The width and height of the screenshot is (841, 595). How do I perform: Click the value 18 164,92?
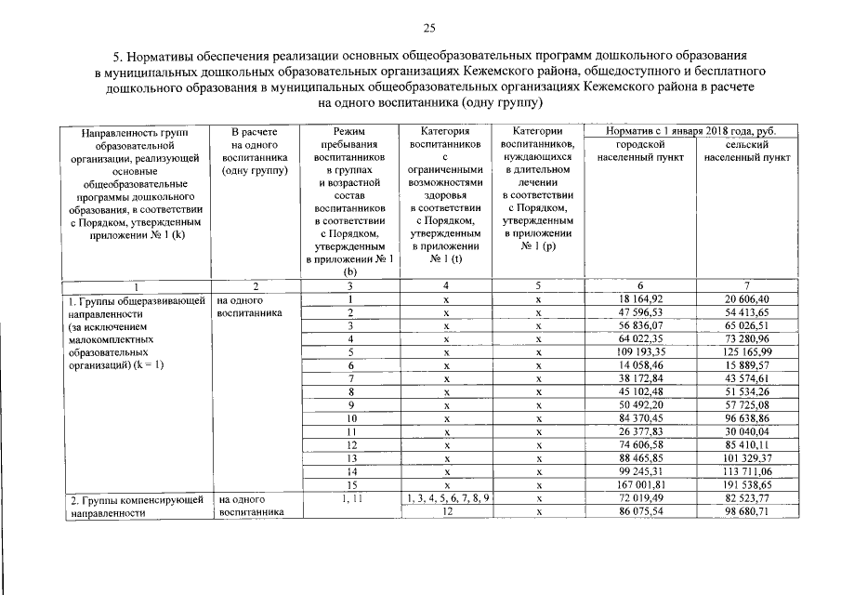pos(641,299)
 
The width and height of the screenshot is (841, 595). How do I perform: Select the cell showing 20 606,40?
pos(747,299)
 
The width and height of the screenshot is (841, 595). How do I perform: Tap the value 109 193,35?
pos(641,353)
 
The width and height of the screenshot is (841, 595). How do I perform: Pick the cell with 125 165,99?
pos(747,353)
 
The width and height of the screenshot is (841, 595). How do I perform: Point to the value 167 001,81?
pos(641,485)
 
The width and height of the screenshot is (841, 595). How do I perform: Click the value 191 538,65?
pos(747,485)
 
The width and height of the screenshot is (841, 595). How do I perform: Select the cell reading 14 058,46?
pos(641,366)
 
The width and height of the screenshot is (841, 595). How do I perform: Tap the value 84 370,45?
pos(641,419)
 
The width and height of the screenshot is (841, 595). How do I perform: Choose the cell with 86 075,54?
pos(641,512)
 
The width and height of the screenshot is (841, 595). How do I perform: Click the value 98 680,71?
pos(747,512)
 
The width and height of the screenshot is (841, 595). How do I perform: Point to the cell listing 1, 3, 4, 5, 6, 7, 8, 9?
pos(448,499)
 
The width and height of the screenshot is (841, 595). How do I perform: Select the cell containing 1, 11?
pos(350,499)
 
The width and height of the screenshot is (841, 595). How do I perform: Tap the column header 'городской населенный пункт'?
pos(642,152)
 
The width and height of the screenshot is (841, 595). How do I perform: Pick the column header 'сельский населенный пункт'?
pos(747,152)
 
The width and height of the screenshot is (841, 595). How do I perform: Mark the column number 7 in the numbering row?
pos(747,286)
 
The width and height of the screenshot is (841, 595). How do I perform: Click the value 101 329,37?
pos(747,459)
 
